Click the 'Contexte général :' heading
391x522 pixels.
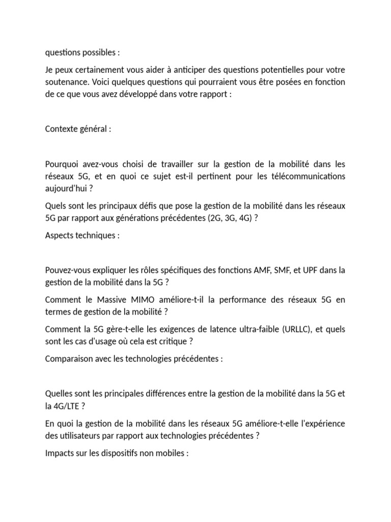[x=78, y=129]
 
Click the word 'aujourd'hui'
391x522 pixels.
[x=67, y=188]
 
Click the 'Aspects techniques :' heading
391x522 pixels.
[x=82, y=236]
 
